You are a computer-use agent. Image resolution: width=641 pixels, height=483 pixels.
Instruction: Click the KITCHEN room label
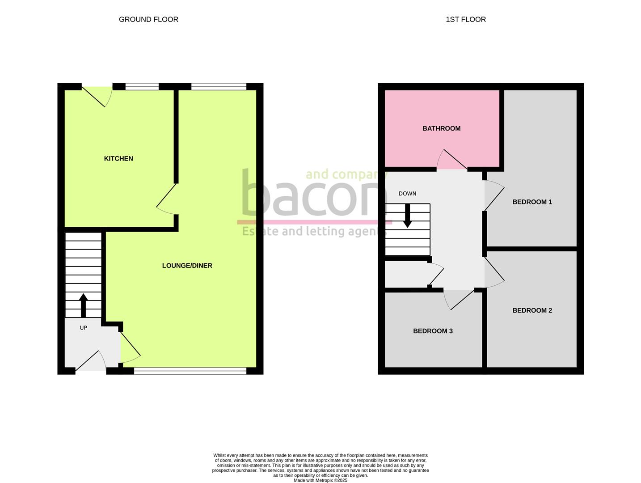(118, 158)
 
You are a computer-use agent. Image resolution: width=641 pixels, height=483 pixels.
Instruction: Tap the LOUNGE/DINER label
(187, 266)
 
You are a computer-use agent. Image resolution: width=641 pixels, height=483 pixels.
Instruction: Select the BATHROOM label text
(441, 128)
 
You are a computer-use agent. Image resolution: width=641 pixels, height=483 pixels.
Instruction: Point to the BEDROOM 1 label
(532, 202)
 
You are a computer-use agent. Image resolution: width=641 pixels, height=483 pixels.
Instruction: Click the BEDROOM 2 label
(532, 310)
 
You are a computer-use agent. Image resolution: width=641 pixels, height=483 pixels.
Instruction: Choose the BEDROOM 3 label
(433, 331)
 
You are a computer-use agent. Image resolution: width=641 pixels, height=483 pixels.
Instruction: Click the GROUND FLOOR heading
(148, 19)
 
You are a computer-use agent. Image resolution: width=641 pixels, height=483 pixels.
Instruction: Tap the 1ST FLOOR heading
(465, 19)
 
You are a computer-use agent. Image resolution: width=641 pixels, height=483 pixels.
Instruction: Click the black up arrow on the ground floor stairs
(83, 305)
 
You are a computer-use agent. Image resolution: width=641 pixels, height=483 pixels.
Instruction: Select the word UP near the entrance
(83, 328)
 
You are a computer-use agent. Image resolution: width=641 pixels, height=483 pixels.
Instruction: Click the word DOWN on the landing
(407, 194)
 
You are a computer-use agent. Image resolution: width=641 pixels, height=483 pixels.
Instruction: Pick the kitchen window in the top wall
(142, 87)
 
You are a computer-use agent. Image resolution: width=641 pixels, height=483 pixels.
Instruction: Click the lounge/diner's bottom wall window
(190, 371)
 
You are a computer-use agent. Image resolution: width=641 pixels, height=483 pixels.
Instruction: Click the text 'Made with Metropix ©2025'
(320, 480)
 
